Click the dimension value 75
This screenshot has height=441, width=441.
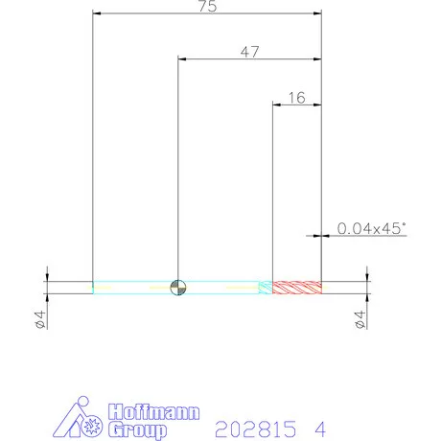click(x=208, y=7)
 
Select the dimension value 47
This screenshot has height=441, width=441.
click(x=249, y=52)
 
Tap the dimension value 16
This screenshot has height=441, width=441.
click(x=297, y=98)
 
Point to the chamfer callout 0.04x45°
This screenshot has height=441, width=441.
click(x=371, y=228)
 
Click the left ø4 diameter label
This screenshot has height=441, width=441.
click(x=40, y=319)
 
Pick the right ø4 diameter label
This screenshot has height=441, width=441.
click(x=360, y=319)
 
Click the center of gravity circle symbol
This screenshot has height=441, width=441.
click(x=178, y=288)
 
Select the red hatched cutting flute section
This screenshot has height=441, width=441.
click(x=297, y=288)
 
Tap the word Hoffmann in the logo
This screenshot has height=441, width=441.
click(x=153, y=412)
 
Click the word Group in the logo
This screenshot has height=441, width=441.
click(x=137, y=430)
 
